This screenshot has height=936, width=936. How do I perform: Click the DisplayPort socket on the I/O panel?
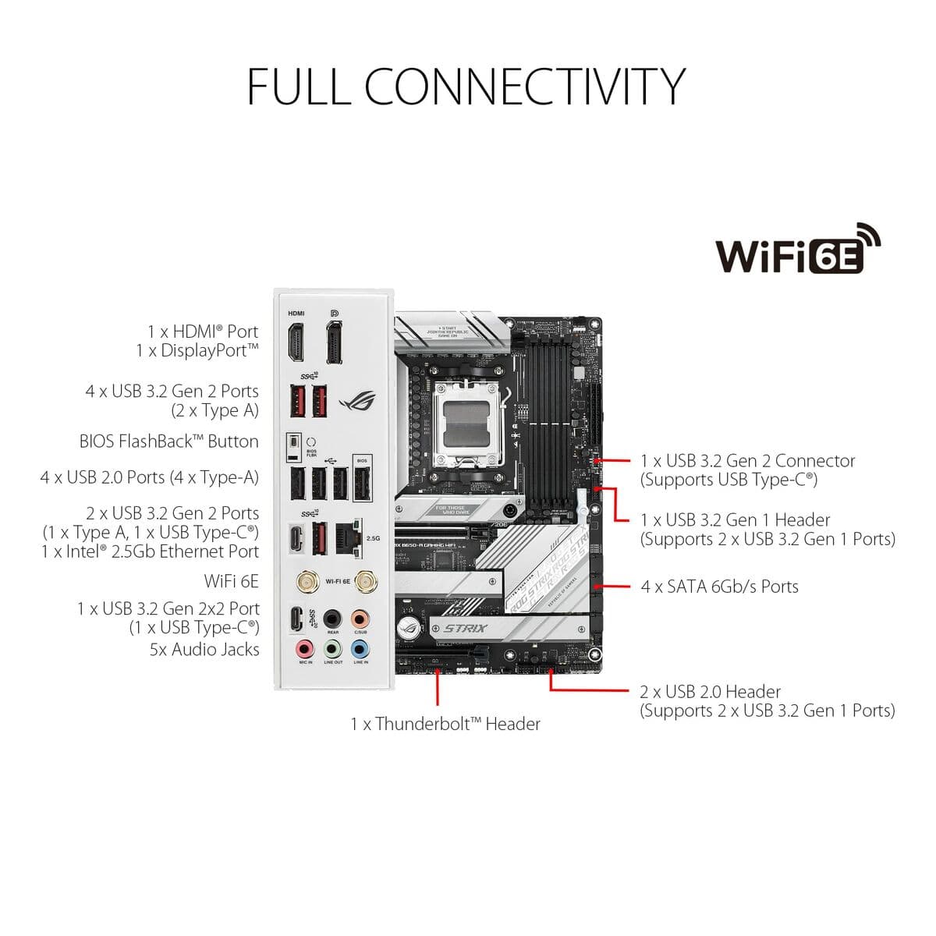coord(335,344)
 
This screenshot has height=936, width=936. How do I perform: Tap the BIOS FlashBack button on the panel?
coord(293,447)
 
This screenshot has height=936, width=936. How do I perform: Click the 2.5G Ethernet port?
coord(346,538)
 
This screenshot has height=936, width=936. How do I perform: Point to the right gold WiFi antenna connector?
coord(363,582)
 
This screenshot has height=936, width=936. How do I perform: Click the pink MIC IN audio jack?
coord(305,648)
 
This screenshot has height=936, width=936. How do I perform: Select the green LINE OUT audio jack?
coord(333,648)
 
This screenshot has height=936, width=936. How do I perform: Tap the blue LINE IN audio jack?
coord(360,648)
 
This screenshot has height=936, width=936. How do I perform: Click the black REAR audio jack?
coord(333,619)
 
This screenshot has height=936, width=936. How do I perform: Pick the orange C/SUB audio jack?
coord(360,619)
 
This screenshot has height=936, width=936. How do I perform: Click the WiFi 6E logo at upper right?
coord(798,250)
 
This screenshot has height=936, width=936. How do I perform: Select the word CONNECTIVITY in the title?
coord(524,86)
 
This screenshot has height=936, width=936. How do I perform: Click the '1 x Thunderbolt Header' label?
coord(445,724)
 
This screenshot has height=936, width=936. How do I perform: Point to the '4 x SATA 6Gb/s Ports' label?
coord(719,587)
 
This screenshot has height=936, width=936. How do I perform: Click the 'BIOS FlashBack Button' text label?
coord(168,441)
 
